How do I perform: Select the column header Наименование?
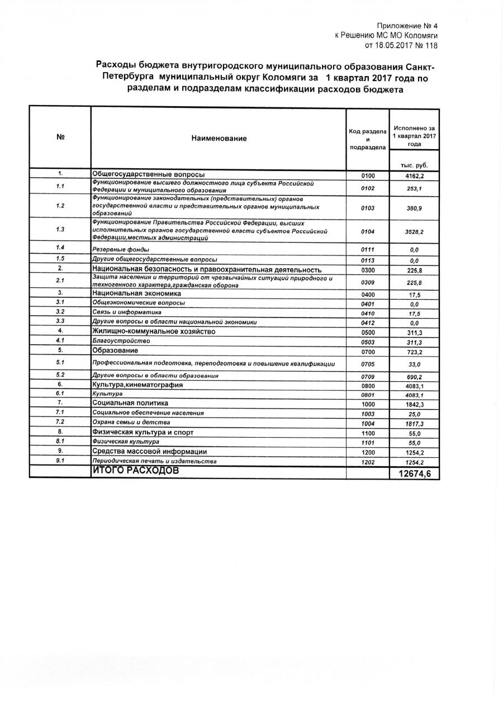(219, 138)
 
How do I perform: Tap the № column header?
(60, 138)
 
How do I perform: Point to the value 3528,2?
(414, 230)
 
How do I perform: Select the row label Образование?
(116, 350)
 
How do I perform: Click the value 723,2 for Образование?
(414, 352)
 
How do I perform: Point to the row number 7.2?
(60, 421)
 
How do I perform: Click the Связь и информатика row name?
(127, 312)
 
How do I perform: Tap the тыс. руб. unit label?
(414, 165)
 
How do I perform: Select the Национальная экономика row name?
(137, 293)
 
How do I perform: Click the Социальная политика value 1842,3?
(414, 404)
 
